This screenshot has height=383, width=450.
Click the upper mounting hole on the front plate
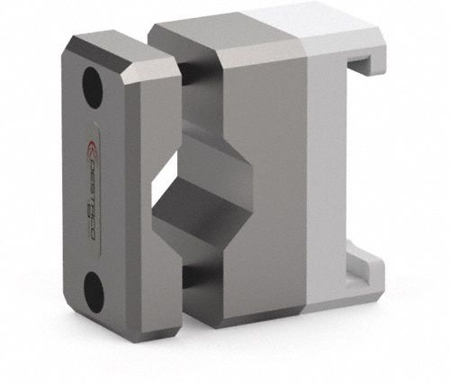coord(92,86)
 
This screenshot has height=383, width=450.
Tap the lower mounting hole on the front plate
coord(94,290)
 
